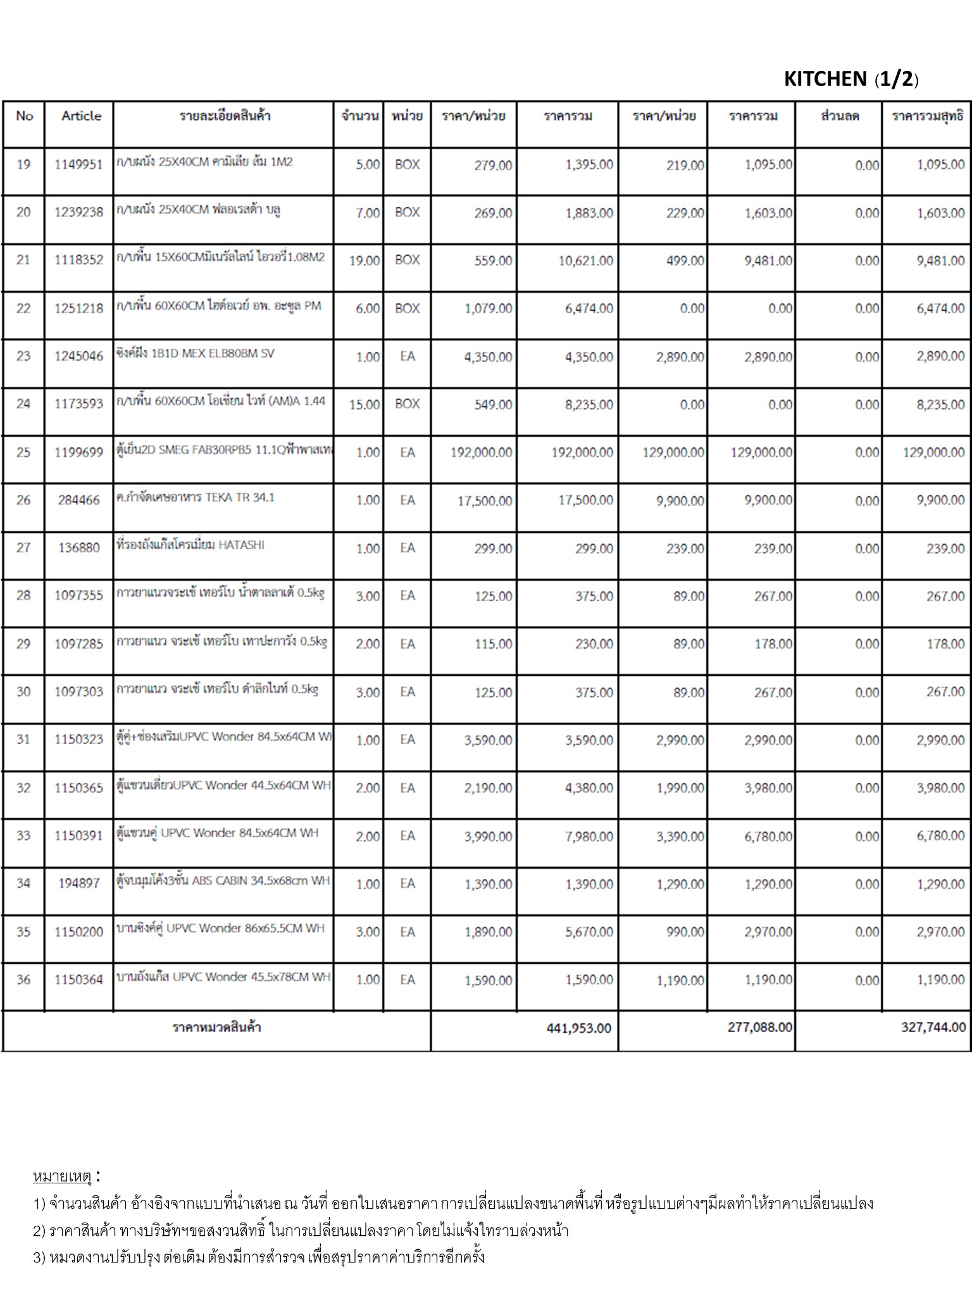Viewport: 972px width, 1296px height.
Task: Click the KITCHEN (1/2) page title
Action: coord(851,79)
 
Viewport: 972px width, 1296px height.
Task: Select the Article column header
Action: coord(81,116)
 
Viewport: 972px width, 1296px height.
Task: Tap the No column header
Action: coord(25,116)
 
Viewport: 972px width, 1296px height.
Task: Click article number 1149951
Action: coord(78,165)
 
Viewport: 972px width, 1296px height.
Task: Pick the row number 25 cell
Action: coord(23,452)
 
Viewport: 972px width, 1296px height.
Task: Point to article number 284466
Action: coord(78,501)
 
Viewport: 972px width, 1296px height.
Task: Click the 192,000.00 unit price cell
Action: coord(481,452)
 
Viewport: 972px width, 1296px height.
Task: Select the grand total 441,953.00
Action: coord(578,1028)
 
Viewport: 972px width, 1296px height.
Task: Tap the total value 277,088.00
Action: coord(759,1027)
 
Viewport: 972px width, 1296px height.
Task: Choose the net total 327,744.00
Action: coord(933,1027)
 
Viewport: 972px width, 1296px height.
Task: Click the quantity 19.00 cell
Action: coord(364,261)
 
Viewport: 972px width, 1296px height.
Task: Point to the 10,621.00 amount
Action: coord(585,261)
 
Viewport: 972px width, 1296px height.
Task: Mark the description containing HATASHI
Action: coord(190,545)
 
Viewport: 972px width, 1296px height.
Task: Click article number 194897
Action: coord(78,883)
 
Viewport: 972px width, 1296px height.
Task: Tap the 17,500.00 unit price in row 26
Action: coord(485,501)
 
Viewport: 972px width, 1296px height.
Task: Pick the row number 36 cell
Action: coord(23,980)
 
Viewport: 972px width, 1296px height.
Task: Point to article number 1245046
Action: coord(78,356)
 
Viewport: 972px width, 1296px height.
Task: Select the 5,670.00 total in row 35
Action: coord(589,931)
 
